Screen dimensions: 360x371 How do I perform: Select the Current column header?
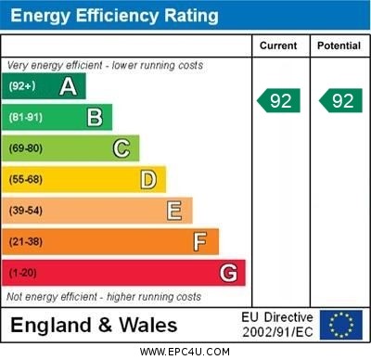click(278, 45)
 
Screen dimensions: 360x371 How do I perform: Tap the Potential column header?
click(339, 45)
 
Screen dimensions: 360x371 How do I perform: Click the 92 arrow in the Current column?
click(279, 100)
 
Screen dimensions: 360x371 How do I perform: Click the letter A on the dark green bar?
click(68, 87)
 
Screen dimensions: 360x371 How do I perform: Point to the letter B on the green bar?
click(95, 118)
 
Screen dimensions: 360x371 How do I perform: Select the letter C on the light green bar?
click(122, 148)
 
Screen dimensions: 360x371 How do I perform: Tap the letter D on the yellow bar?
click(148, 179)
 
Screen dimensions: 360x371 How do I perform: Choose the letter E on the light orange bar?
click(174, 211)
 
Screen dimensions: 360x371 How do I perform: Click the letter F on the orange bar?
click(200, 242)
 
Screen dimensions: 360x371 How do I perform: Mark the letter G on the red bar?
click(228, 273)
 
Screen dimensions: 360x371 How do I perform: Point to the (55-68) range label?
click(26, 180)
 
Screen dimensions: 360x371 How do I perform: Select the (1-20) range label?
click(23, 274)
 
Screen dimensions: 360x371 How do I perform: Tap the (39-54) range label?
click(26, 212)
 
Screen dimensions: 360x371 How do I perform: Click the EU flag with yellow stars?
click(341, 325)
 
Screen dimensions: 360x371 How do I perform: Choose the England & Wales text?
click(95, 326)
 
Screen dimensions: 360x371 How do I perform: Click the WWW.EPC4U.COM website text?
click(185, 352)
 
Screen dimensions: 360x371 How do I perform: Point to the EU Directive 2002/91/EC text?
click(277, 325)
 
